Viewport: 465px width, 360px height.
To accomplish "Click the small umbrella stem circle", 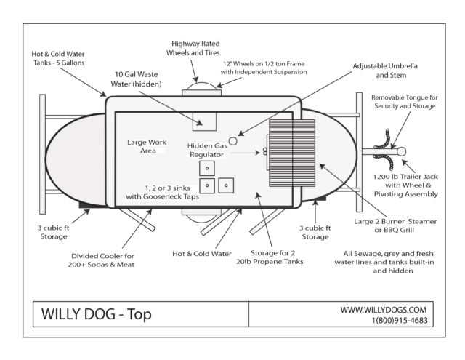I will click(233, 140).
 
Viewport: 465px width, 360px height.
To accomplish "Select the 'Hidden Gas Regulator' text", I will click(209, 150).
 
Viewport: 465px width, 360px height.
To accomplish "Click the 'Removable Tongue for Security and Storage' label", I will click(404, 102).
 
